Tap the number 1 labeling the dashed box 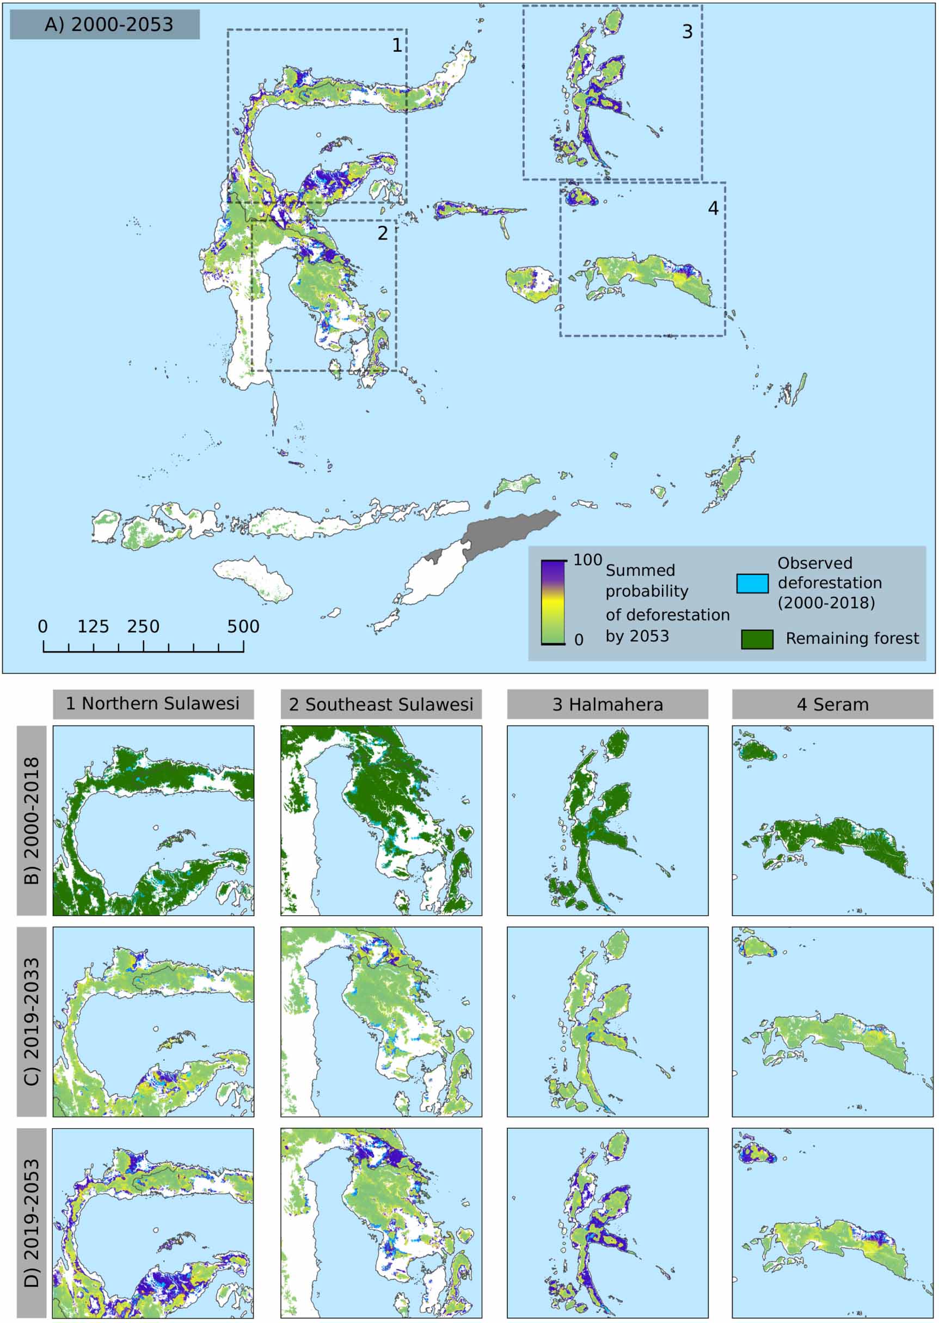(x=397, y=45)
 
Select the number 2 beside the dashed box (x=382, y=233)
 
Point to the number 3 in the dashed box (x=687, y=32)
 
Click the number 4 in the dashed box (x=713, y=208)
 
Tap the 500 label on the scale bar (x=243, y=626)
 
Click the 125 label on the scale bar (x=93, y=626)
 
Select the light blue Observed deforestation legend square (x=752, y=584)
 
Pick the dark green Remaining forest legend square (x=757, y=639)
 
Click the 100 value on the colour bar (x=587, y=560)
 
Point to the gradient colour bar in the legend (x=553, y=602)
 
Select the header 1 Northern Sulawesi (x=152, y=704)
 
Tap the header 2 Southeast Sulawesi (x=381, y=705)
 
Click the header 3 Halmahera (x=607, y=705)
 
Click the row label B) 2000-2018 (x=31, y=820)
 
